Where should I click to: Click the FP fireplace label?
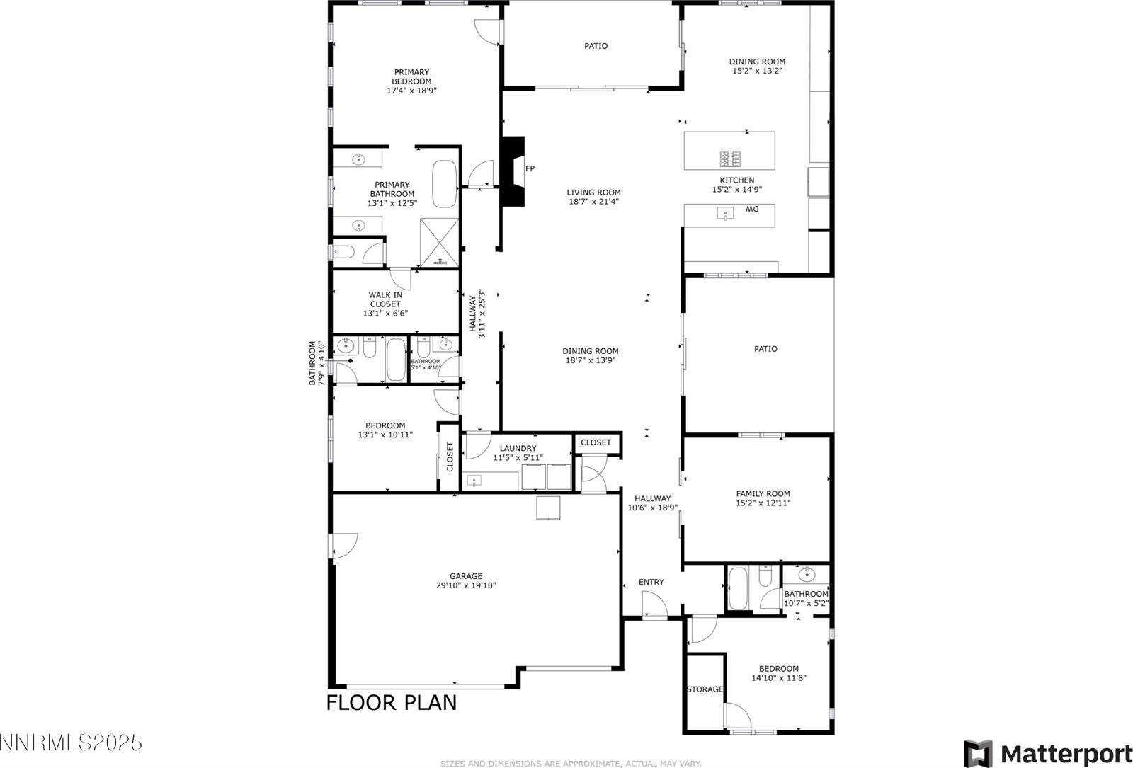pos(530,168)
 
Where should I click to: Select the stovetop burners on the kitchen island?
pos(731,156)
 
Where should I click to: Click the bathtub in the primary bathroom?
pos(445,183)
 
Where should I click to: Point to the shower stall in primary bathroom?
pos(440,242)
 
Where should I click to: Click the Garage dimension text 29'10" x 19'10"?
pos(466,585)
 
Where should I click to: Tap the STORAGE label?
pos(705,689)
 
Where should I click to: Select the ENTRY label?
pos(651,582)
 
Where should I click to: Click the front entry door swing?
pos(653,606)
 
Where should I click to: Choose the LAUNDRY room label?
pos(518,448)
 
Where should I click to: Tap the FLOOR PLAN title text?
pos(391,702)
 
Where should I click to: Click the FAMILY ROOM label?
pos(763,494)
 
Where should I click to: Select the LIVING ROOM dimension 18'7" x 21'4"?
pos(593,201)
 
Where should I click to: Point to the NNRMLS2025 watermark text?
pos(71,743)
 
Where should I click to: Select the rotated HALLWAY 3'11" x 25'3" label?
pos(477,314)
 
